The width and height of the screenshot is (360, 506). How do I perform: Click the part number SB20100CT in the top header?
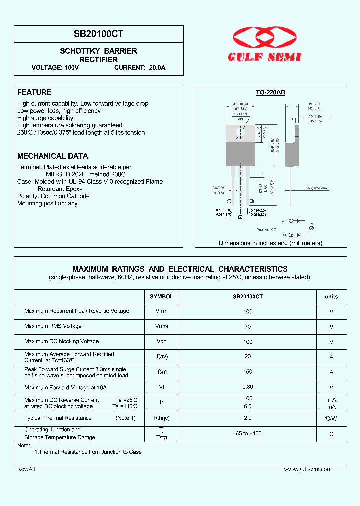point(99,34)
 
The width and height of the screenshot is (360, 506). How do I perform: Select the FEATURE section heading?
point(34,92)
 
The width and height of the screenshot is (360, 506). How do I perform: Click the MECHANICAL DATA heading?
point(53,156)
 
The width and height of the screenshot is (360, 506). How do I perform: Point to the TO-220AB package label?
point(270,93)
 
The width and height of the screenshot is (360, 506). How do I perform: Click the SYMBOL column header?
point(161,296)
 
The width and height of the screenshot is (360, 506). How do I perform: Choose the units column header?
point(331,296)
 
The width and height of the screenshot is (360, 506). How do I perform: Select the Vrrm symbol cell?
point(161,311)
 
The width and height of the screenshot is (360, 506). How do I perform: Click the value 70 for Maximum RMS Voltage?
point(248,326)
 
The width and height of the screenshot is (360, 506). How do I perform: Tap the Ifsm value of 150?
point(248,372)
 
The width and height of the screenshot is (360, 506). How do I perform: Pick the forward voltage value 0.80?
point(248,387)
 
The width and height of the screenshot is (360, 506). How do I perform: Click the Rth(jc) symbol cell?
point(161,418)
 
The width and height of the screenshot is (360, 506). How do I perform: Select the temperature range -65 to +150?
point(248,433)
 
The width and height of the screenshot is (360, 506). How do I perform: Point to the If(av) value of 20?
point(248,357)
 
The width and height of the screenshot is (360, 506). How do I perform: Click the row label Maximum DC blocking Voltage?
point(62,341)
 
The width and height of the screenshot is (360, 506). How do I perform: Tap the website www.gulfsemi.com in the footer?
point(308,469)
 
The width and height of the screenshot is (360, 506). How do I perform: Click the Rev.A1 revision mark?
point(26,469)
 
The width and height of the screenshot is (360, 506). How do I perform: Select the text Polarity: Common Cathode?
point(53,196)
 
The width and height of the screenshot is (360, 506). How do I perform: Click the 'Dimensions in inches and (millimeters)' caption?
point(270,243)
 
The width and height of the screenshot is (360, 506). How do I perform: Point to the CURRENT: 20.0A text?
point(140,67)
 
